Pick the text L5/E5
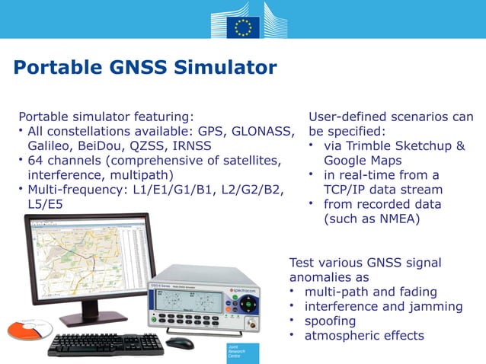(45, 204)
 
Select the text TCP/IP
(345, 190)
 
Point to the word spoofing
(330, 321)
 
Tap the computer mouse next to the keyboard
(180, 343)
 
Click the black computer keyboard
(106, 344)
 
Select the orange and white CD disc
(29, 330)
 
